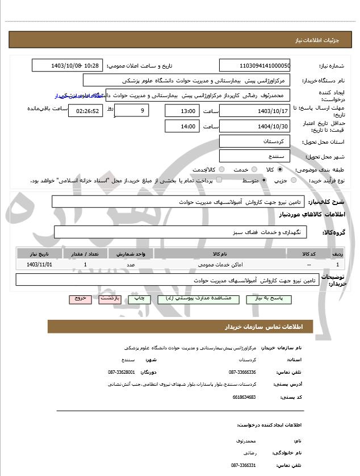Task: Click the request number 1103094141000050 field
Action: coord(255,65)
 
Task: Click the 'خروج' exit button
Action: coord(79,298)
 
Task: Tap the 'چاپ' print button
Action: coord(139,298)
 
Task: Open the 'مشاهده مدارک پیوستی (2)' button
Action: coord(195,298)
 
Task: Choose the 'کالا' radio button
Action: coord(279,169)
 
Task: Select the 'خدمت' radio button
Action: coord(253,169)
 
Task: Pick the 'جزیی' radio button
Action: coord(293,180)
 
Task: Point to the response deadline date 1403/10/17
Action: coord(255,111)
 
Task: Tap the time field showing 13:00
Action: coord(182,111)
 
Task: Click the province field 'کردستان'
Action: coord(255,141)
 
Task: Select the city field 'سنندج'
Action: coord(255,156)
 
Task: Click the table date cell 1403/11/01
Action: coord(39,265)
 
